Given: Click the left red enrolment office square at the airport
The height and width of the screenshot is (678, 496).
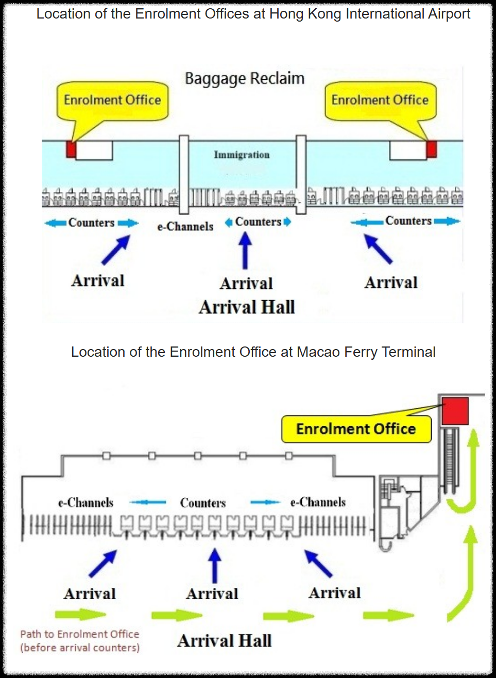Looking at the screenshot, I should coord(71,149).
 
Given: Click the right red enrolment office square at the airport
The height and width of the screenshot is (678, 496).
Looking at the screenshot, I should coord(431,149).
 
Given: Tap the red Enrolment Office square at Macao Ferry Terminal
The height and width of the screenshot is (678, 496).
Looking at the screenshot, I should coord(455,411).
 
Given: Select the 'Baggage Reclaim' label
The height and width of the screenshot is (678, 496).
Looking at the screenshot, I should coord(245,79).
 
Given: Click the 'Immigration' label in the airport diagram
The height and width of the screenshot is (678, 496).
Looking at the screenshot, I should coord(242,155).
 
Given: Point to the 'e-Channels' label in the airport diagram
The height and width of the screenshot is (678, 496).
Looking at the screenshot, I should coord(185,227).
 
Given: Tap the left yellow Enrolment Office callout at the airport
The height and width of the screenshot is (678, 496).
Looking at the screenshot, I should coord(112,101).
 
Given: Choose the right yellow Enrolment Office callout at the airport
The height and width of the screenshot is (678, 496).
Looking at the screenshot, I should coord(380,101).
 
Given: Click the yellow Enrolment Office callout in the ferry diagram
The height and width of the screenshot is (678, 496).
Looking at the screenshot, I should coord(356,429).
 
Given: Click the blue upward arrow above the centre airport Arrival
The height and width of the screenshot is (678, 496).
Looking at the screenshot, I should coord(245,250).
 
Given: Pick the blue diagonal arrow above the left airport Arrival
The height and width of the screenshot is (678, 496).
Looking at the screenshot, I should coord(116,250).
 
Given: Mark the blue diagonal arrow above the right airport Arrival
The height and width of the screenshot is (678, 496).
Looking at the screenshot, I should coord(378,249).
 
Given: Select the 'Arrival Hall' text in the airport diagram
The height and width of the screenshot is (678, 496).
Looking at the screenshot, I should coord(247,307).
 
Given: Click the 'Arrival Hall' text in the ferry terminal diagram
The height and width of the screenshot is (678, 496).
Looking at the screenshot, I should coord(225,641).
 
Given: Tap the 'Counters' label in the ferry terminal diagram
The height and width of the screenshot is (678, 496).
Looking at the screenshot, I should coord(203,503).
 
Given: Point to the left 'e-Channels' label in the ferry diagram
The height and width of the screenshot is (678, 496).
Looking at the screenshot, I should coord(85,502).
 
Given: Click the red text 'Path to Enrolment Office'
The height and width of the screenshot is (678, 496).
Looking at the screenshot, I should coord(80,634).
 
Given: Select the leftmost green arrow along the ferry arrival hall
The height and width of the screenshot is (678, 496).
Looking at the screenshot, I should coord(80,614).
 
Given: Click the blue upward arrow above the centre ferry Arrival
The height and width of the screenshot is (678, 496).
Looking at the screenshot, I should coord(215,565).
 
